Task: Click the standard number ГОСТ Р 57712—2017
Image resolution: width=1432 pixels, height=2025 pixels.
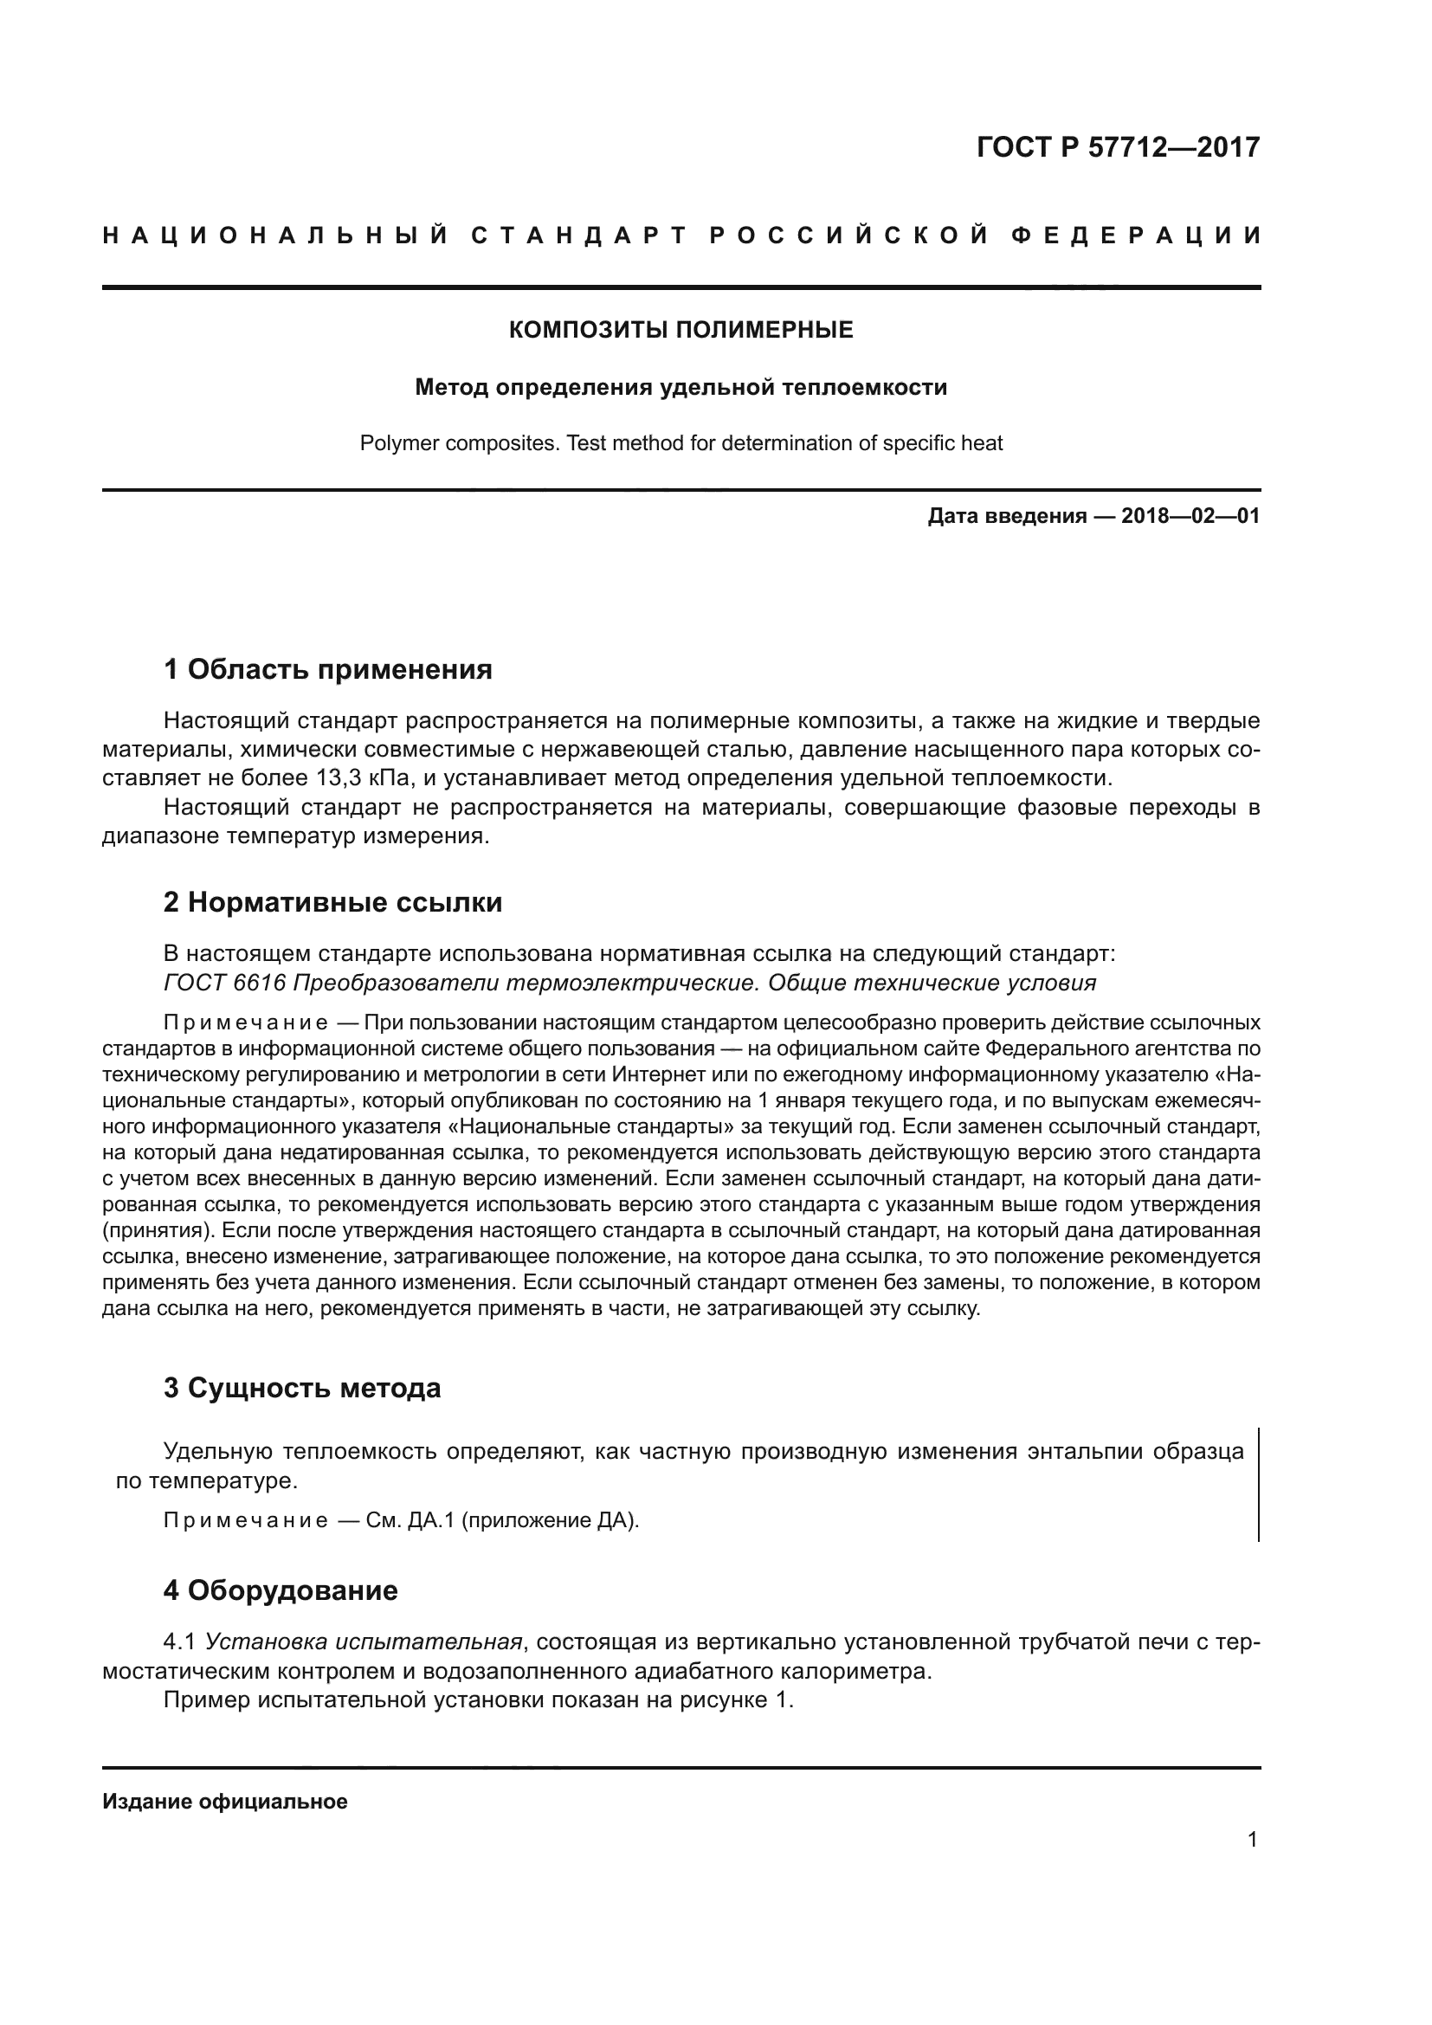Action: pos(1118,147)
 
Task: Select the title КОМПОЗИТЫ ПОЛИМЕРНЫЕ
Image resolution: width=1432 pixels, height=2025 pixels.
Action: pos(681,330)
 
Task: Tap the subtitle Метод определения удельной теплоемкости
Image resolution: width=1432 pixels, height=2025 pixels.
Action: pos(681,387)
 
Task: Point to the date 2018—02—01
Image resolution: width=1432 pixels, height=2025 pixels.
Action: pos(1190,516)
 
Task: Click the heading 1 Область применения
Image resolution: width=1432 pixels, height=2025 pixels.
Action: pos(328,669)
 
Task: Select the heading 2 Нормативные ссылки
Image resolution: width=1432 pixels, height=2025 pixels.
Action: pos(332,902)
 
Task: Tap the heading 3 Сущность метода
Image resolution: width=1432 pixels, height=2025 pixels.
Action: pos(301,1388)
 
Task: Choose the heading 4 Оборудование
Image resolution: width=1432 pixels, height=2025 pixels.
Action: pos(281,1590)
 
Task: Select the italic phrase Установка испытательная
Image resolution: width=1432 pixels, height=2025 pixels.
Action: pos(364,1642)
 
